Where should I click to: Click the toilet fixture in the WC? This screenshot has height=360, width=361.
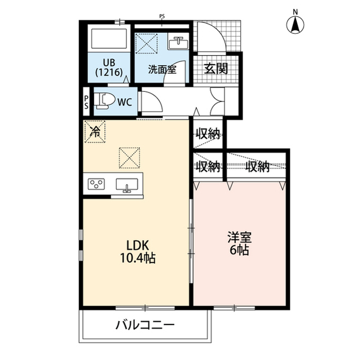[102, 101]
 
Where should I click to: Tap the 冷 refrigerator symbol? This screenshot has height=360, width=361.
[95, 132]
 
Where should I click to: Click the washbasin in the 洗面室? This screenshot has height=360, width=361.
[180, 43]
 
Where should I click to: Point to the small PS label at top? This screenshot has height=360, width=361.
[162, 16]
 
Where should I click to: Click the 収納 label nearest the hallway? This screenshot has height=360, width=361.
[208, 134]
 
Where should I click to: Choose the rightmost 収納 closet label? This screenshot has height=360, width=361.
[257, 166]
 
